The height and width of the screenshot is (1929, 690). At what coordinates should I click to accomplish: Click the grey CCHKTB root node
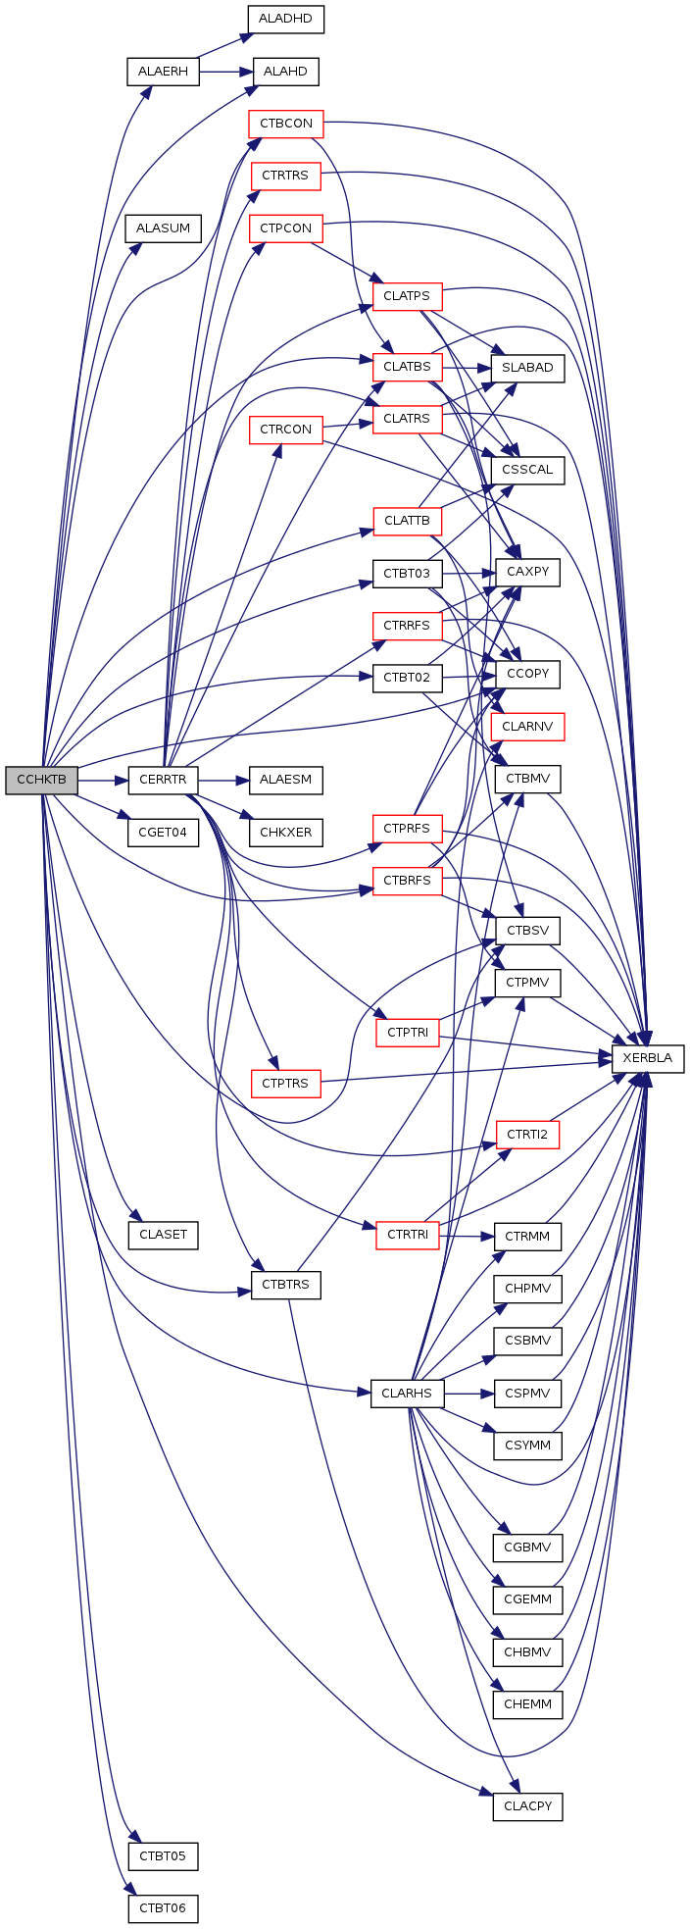[41, 781]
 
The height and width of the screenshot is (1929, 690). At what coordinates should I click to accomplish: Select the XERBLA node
[647, 1059]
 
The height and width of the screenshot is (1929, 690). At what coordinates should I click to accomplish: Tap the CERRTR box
[163, 781]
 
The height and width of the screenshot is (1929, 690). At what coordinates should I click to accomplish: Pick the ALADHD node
[285, 20]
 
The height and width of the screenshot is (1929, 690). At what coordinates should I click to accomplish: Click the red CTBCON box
[285, 125]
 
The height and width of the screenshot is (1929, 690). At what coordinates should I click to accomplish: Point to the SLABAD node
[528, 368]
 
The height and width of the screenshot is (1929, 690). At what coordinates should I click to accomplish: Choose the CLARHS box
[407, 1394]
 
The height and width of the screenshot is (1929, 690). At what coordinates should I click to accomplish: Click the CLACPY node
[528, 1805]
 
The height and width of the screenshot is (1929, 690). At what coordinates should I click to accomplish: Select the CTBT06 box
[163, 1909]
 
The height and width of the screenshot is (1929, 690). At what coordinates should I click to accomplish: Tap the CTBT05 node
[163, 1856]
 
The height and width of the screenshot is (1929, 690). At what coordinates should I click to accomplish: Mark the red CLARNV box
[528, 728]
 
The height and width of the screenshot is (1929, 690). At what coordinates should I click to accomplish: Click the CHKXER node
[285, 833]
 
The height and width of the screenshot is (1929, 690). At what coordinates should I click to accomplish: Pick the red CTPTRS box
[285, 1084]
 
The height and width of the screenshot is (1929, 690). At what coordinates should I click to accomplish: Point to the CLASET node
[163, 1235]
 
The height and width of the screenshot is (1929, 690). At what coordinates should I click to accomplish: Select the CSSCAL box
[528, 470]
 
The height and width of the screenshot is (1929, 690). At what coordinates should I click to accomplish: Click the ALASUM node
[163, 228]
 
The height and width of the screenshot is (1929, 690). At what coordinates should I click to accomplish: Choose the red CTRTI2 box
[528, 1136]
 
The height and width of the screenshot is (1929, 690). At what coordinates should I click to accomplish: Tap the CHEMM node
[528, 1704]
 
